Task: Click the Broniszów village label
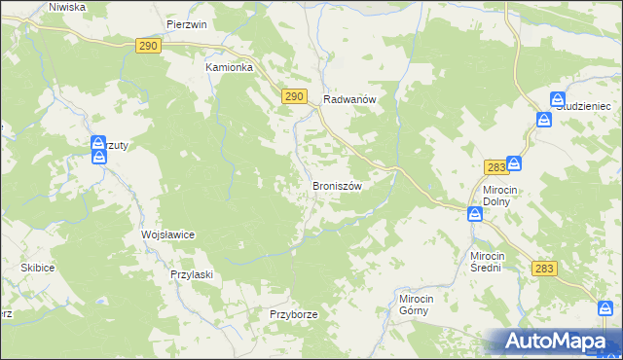[337, 185]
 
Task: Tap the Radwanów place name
[349, 99]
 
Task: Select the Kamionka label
[229, 68]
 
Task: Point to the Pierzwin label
[187, 24]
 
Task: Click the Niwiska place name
[67, 6]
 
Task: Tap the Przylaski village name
[191, 274]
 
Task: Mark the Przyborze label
[294, 315]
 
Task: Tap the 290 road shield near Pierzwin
[148, 46]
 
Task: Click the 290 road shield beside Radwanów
[296, 95]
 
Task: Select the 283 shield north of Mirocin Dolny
[495, 167]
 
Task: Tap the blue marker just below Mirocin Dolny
[475, 214]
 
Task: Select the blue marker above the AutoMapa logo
[606, 308]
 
